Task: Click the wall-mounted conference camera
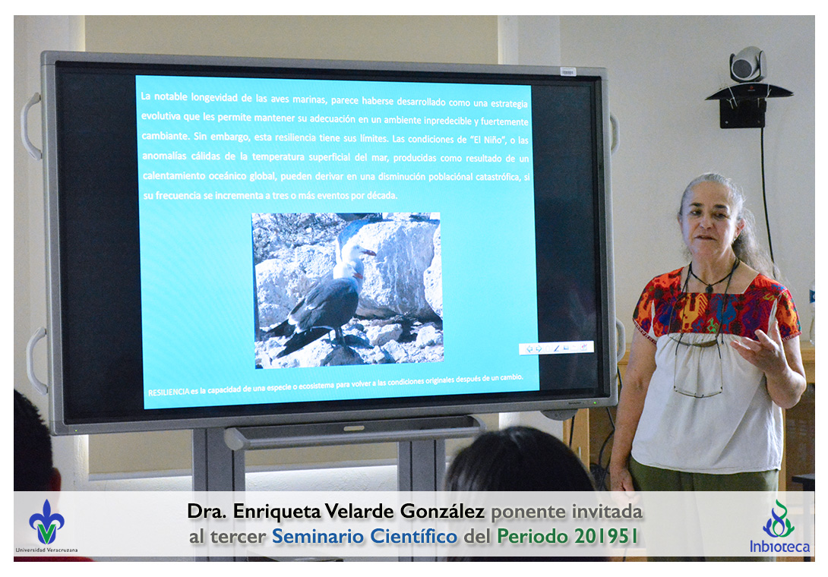[747, 65]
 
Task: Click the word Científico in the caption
[413, 536]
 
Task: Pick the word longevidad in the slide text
[214, 98]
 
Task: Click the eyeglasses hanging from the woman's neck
[698, 370]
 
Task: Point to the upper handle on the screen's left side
[30, 126]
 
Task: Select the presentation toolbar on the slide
[556, 348]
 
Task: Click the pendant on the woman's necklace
[710, 288]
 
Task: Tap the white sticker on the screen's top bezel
[567, 72]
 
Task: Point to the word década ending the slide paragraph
[382, 195]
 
